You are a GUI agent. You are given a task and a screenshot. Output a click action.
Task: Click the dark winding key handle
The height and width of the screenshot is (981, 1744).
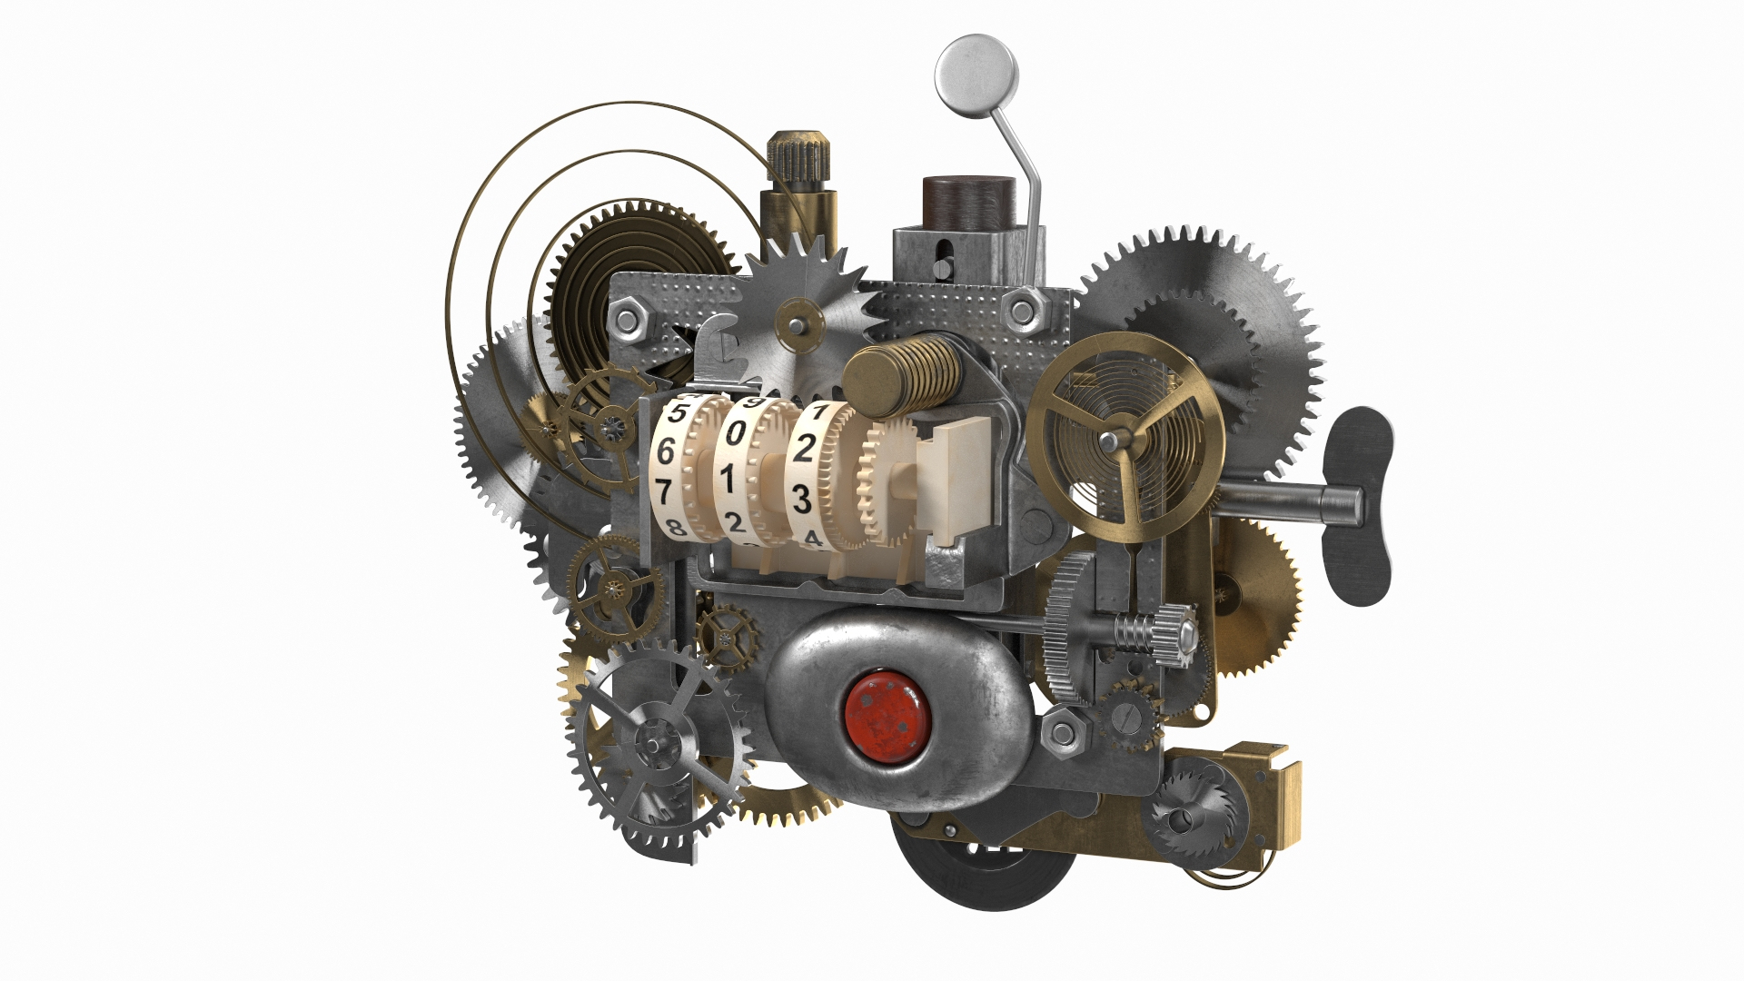click(x=1357, y=498)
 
